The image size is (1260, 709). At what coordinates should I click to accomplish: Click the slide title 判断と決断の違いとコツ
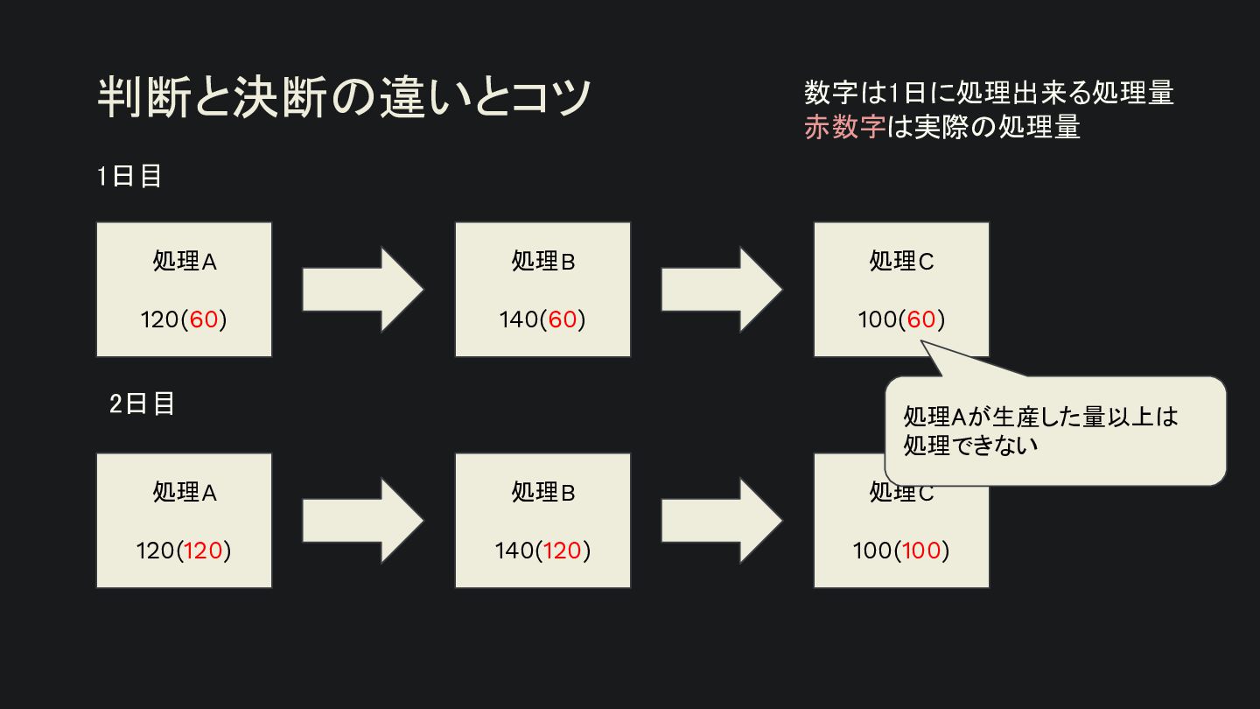[344, 97]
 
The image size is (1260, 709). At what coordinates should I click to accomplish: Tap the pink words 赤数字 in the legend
[845, 127]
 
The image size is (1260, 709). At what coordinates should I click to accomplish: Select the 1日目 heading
[129, 176]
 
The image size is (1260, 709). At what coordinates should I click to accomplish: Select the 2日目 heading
[142, 404]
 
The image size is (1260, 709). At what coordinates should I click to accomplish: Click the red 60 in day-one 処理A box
[204, 319]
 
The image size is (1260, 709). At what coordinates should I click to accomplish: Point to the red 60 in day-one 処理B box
[563, 319]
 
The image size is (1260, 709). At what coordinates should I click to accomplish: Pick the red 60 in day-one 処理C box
[921, 319]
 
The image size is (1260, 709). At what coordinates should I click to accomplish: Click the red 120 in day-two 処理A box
[203, 551]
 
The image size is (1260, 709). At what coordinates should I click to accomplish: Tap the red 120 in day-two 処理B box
[562, 551]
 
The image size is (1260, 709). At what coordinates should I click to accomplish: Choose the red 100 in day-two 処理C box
[921, 551]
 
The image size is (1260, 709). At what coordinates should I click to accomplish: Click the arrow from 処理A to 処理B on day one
[363, 290]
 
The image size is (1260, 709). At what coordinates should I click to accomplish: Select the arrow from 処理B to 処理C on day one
[722, 290]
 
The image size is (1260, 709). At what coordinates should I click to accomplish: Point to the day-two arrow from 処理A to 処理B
[363, 521]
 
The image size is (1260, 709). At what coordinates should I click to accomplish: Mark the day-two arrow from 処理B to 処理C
[722, 521]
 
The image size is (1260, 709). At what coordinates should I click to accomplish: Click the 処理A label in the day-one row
[185, 261]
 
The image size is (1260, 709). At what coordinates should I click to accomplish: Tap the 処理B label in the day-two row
[542, 492]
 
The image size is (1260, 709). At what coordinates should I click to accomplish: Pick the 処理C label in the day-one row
[901, 261]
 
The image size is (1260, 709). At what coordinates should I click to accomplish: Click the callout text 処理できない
[970, 446]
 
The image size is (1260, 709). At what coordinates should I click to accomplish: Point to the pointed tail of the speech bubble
[920, 341]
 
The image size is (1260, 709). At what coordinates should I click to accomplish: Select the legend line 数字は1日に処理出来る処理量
[989, 93]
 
